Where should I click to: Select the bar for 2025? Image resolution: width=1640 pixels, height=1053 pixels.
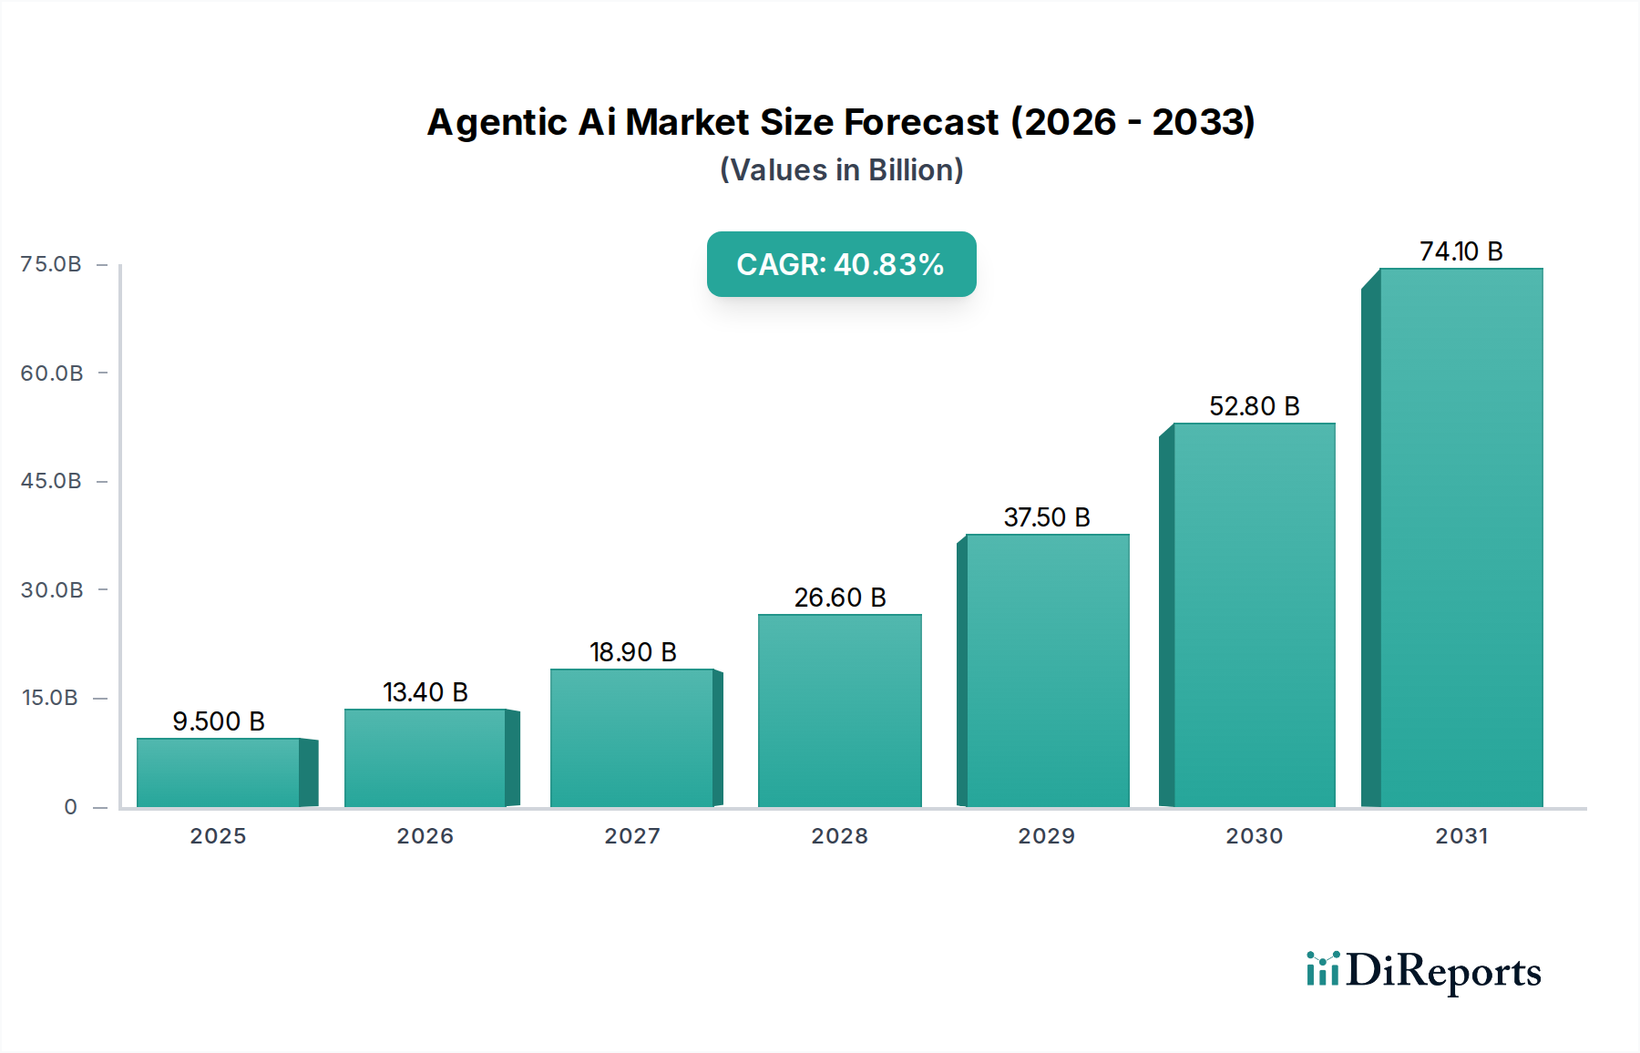[x=219, y=772]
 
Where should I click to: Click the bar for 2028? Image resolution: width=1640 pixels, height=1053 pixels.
[x=839, y=711]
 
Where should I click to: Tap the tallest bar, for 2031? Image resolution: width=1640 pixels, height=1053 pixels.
[x=1461, y=537]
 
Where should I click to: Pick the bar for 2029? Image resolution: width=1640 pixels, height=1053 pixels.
[x=1047, y=670]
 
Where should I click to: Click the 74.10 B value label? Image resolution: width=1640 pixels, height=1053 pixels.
[x=1461, y=251]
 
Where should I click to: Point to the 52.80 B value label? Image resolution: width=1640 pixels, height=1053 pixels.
[x=1254, y=406]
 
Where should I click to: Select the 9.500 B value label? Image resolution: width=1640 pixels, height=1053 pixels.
[x=219, y=721]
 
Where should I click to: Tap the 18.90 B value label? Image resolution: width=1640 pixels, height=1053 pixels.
[x=632, y=652]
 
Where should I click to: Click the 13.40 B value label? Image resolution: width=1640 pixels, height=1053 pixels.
[x=425, y=692]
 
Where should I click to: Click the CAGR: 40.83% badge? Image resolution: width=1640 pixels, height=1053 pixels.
[x=841, y=264]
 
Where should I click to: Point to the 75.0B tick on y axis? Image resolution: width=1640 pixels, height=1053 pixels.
[x=51, y=264]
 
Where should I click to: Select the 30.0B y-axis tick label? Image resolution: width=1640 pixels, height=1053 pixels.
[x=52, y=590]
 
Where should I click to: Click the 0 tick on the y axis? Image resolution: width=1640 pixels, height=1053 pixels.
[x=70, y=807]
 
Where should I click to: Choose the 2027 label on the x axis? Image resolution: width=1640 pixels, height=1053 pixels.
[x=632, y=836]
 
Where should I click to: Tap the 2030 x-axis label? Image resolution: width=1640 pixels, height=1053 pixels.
[x=1254, y=836]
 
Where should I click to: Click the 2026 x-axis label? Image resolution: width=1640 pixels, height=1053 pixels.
[x=425, y=836]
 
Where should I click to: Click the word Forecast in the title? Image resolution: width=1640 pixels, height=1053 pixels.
[x=921, y=122]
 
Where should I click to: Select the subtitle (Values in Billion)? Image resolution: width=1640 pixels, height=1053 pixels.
[x=841, y=170]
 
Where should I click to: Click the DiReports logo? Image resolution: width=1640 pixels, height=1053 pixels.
[x=1423, y=971]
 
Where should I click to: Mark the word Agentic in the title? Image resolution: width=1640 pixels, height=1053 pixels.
[x=497, y=122]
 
